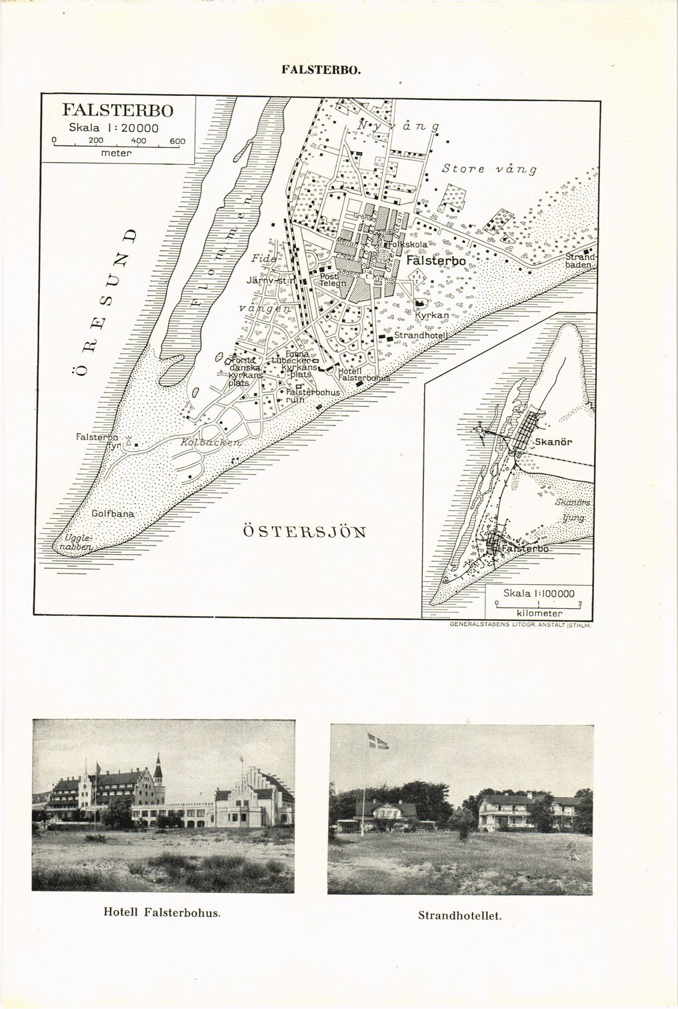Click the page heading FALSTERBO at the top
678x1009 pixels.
[x=321, y=69]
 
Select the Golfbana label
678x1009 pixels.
[x=113, y=514]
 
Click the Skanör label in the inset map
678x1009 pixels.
[x=555, y=441]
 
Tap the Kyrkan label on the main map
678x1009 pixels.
[x=431, y=315]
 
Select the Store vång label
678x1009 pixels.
[x=489, y=169]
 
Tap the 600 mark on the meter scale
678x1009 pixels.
[x=177, y=141]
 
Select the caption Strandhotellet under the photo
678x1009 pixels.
[x=459, y=915]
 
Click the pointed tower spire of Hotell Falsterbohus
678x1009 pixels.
[x=158, y=760]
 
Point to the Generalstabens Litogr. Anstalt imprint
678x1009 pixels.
[x=521, y=625]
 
